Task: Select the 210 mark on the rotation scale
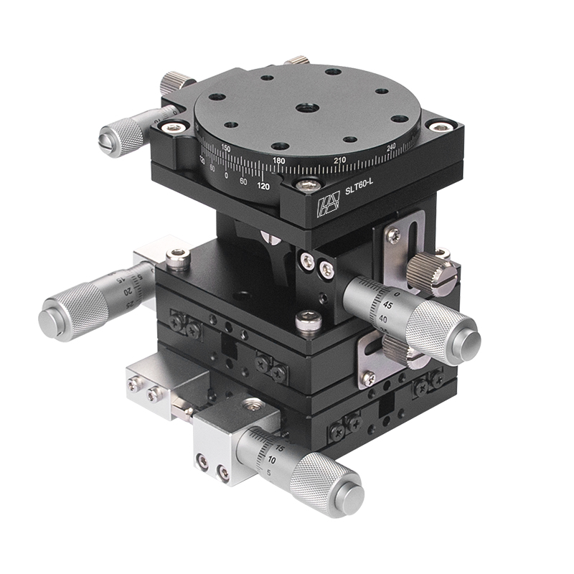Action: point(339,159)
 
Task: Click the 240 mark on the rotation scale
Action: point(392,147)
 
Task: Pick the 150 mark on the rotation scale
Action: point(226,148)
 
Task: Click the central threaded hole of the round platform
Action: point(303,108)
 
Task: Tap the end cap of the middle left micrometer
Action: point(53,316)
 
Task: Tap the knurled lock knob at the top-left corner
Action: point(173,81)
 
